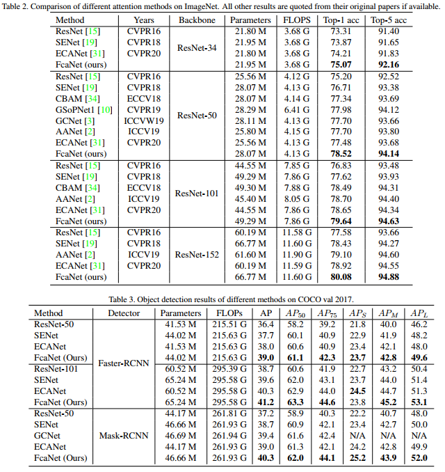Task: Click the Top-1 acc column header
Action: point(346,21)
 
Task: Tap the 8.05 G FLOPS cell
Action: point(297,198)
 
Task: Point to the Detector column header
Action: point(124,313)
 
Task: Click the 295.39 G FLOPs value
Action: point(229,369)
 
